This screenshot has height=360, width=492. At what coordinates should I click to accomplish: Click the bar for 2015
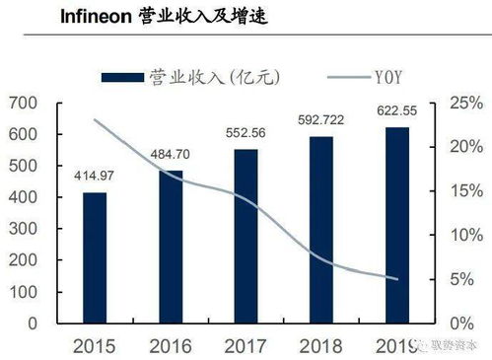(x=94, y=257)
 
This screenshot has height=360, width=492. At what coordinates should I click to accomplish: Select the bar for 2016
(x=171, y=247)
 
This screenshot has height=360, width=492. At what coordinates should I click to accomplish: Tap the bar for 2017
(x=246, y=236)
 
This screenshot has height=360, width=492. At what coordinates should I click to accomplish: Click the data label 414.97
(x=94, y=176)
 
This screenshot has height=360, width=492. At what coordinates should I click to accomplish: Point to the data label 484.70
(x=171, y=154)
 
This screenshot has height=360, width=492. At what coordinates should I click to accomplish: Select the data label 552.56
(x=246, y=133)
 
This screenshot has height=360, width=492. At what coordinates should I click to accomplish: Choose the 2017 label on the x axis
(x=246, y=347)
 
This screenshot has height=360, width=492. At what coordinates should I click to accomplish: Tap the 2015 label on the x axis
(x=94, y=347)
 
